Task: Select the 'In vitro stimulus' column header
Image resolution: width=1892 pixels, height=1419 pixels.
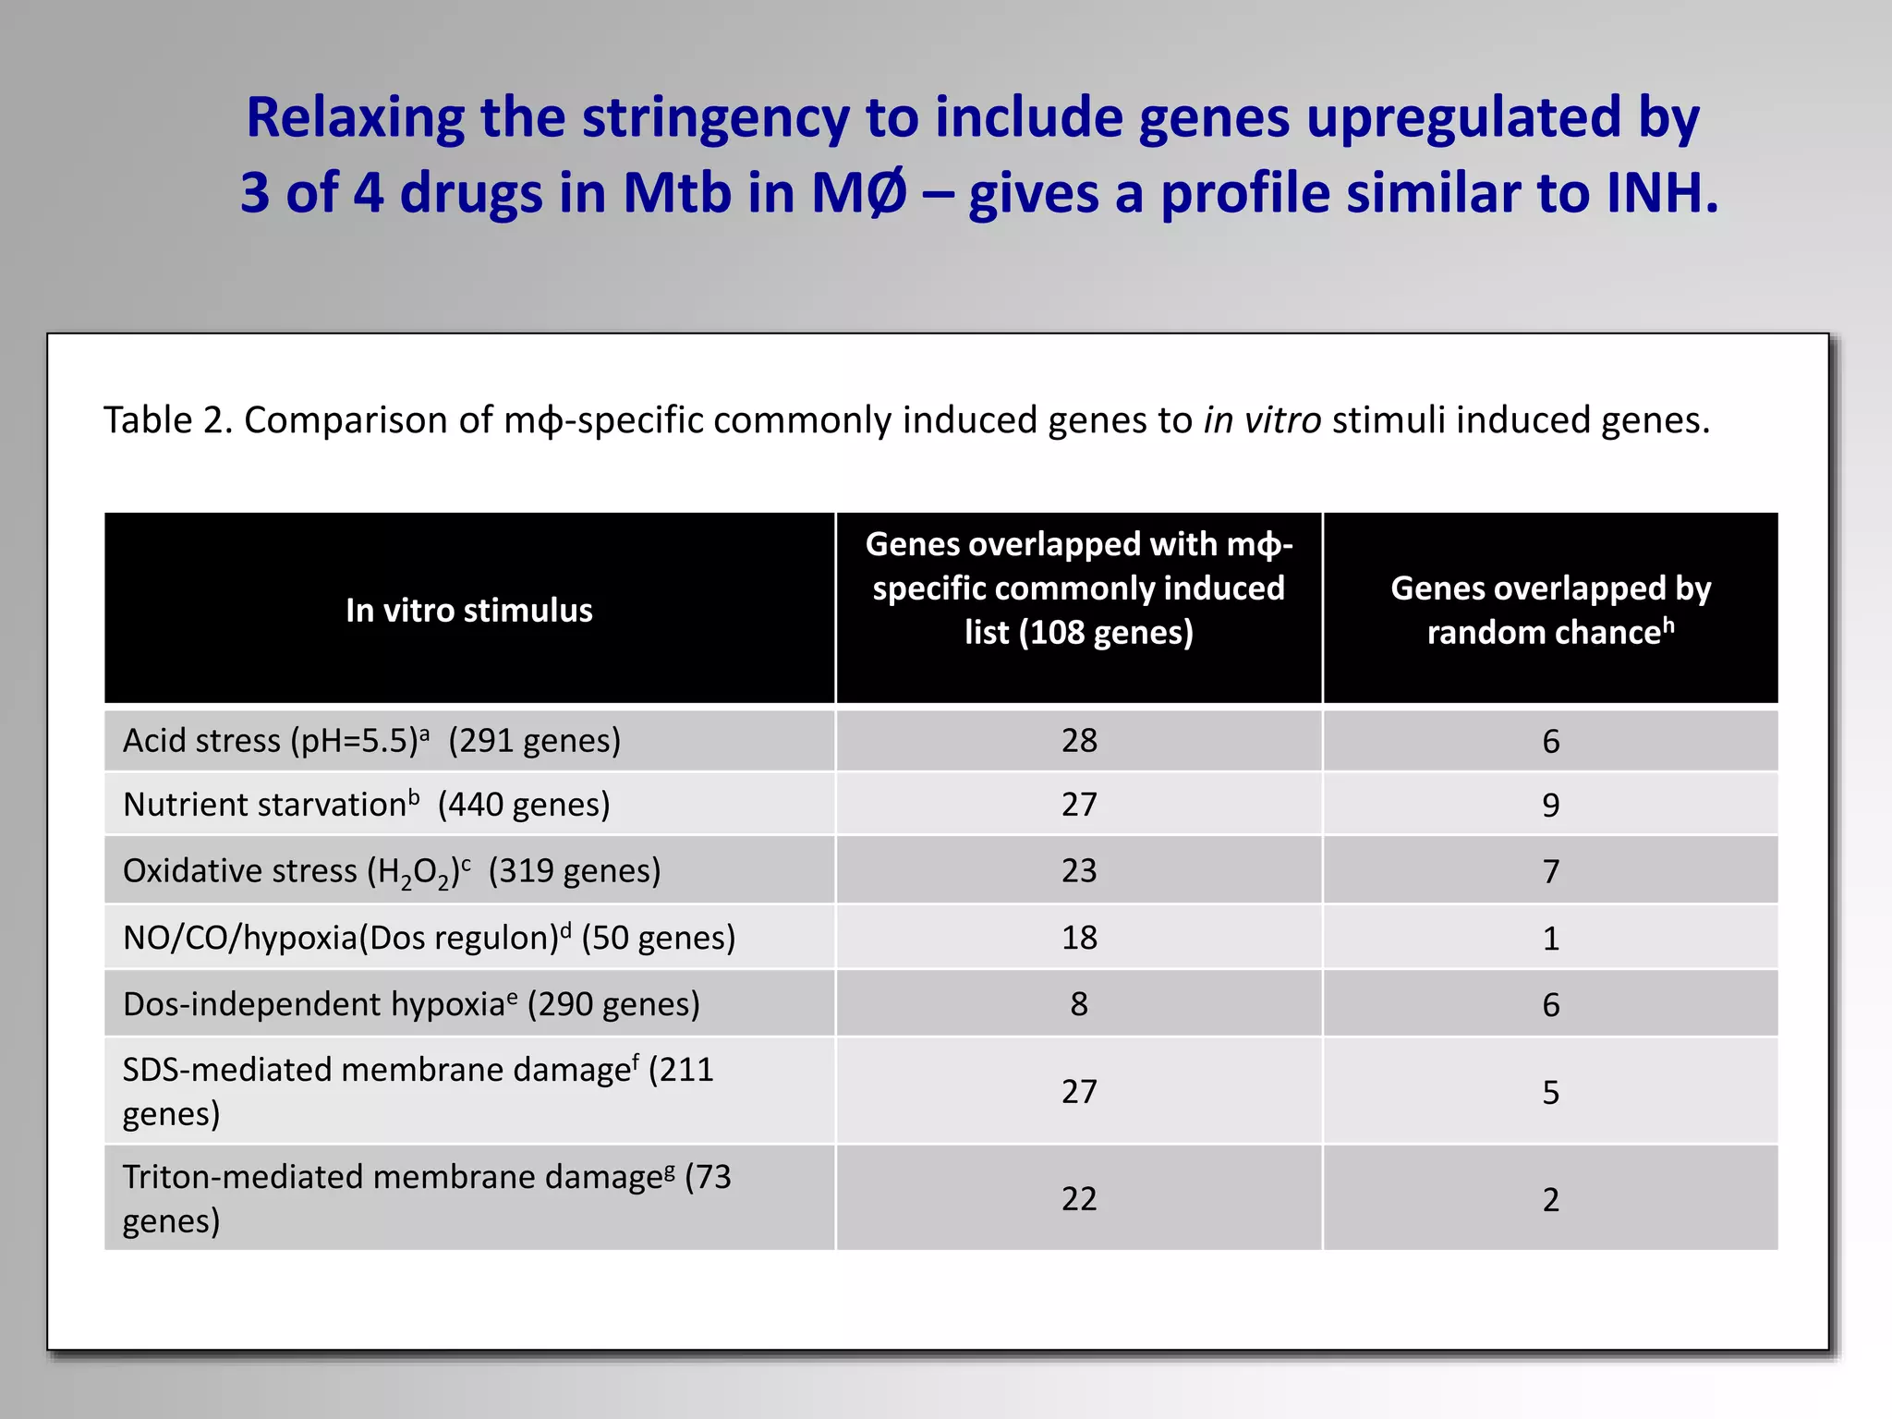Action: [x=468, y=611]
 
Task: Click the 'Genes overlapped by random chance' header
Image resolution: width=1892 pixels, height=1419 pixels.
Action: [x=1550, y=611]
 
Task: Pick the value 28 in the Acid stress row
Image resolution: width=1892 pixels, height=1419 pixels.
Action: [x=1079, y=741]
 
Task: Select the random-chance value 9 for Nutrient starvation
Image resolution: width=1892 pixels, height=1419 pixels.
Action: [x=1550, y=806]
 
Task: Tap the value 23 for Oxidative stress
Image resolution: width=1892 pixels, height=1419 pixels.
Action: [x=1079, y=871]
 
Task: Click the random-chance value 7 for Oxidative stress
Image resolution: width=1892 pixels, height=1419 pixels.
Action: [x=1550, y=871]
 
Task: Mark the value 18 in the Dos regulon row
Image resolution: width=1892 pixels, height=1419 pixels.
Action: [x=1079, y=938]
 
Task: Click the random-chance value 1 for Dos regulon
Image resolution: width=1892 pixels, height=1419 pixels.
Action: [x=1550, y=939]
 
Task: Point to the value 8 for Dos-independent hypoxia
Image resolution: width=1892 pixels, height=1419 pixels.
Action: [x=1079, y=1004]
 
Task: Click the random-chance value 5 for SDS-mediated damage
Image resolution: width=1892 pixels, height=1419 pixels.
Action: [x=1550, y=1092]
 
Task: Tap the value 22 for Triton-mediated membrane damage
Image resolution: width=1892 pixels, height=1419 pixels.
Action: [x=1079, y=1199]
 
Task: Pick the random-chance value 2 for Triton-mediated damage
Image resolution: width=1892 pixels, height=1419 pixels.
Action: [x=1550, y=1199]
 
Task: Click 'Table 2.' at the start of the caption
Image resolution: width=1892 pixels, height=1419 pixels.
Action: [x=166, y=420]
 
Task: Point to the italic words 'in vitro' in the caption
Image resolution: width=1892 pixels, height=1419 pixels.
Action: [x=1261, y=420]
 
